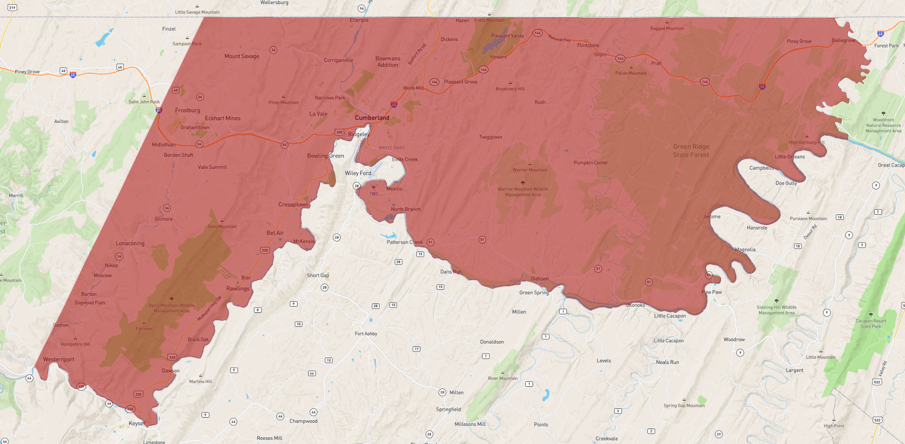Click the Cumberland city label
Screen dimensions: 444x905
coord(372,118)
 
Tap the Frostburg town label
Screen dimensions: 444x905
coord(188,110)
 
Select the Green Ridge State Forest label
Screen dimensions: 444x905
coord(691,151)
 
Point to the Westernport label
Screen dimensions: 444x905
coord(59,359)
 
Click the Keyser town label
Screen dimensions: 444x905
coord(136,423)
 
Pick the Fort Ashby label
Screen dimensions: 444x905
coord(366,333)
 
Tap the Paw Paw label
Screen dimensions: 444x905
coord(711,292)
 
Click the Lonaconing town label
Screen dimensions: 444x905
coord(130,243)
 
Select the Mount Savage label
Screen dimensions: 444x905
coord(242,56)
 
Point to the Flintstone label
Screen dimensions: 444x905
coord(588,45)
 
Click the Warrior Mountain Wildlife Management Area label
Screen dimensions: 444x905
coord(523,192)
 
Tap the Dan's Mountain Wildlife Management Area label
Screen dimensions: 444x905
coord(172,308)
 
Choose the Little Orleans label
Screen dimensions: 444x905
coord(790,156)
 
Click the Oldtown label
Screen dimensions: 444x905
coord(540,278)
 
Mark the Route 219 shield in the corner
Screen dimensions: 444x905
coord(12,7)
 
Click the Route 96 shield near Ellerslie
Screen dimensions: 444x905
coord(361,8)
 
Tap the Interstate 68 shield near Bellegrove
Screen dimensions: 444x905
coord(880,33)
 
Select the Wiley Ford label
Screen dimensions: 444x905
coord(358,173)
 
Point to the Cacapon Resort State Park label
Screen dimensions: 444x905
coord(871,323)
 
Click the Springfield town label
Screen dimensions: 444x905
coord(448,409)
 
